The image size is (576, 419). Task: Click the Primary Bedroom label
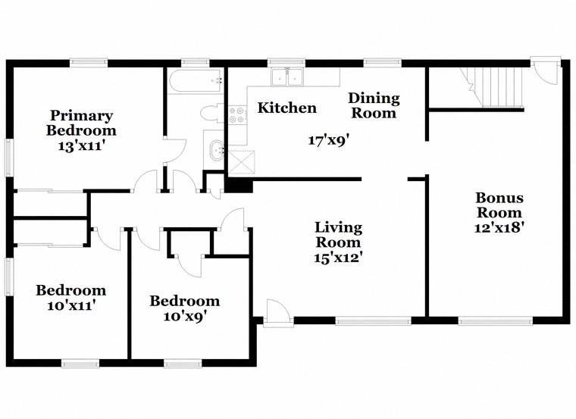coord(81,123)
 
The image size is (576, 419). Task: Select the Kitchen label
coord(287,108)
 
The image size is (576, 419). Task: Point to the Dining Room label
coord(374,105)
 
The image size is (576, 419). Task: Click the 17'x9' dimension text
coord(328,140)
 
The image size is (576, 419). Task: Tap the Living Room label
coord(338,235)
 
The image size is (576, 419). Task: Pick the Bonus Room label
coord(499,205)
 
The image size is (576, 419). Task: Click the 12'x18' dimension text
coord(499,227)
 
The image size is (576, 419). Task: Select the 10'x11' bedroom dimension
coord(71,305)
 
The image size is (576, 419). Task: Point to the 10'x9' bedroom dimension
coord(184,316)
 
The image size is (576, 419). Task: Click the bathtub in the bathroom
coord(196,81)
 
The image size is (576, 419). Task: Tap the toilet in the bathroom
coord(212,113)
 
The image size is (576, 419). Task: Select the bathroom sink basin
coord(217,151)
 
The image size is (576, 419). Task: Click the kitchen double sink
coord(287,77)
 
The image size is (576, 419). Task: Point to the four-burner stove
coord(237,114)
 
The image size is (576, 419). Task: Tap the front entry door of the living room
coord(278,312)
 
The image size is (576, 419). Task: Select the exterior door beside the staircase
coord(545,71)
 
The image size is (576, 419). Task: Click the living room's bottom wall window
coord(373,321)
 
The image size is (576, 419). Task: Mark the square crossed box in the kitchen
coord(241,161)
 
